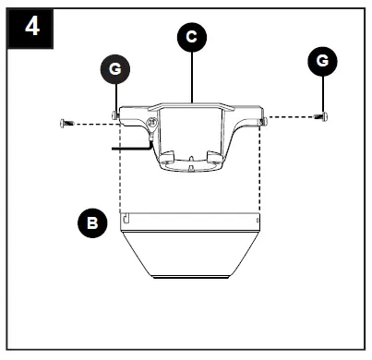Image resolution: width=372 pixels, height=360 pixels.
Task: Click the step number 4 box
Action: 31,26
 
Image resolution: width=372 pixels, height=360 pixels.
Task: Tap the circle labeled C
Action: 190,36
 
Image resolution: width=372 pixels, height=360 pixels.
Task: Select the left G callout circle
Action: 114,69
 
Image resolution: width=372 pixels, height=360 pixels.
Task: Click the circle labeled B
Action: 91,222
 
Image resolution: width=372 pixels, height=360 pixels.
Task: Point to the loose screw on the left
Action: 66,123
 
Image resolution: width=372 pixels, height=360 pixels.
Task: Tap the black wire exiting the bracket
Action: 129,146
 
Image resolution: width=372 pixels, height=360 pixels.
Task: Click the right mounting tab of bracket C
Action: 262,119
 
